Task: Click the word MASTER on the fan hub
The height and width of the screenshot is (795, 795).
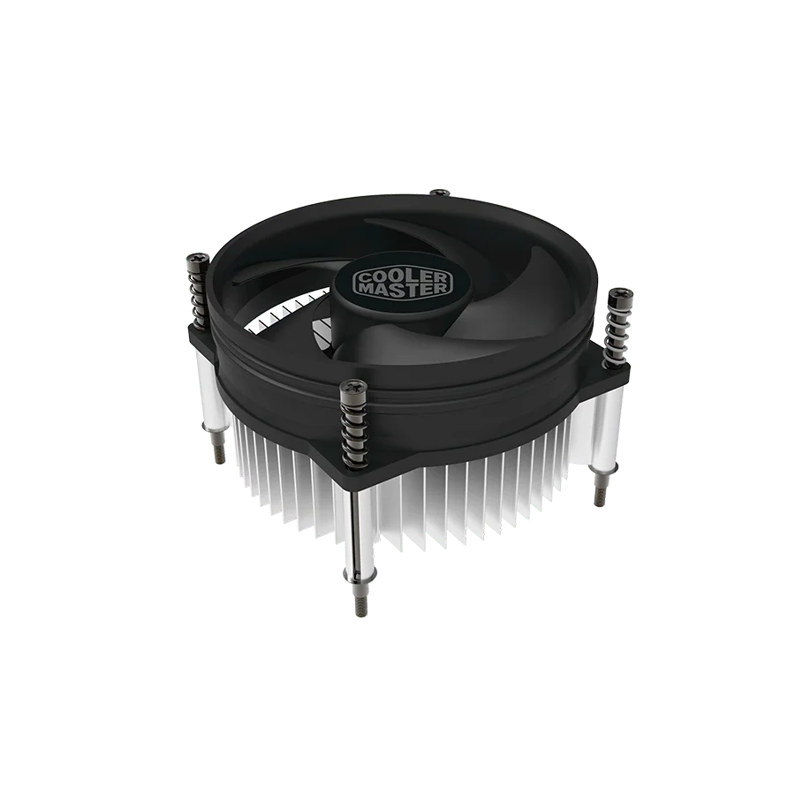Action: [x=403, y=289]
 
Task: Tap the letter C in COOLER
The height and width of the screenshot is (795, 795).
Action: [x=365, y=279]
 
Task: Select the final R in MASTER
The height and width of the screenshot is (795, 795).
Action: [x=442, y=287]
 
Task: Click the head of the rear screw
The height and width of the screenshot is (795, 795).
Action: [x=439, y=193]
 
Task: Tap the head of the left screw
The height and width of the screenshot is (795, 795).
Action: [x=198, y=259]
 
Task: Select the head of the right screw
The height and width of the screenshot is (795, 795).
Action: [x=618, y=294]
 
